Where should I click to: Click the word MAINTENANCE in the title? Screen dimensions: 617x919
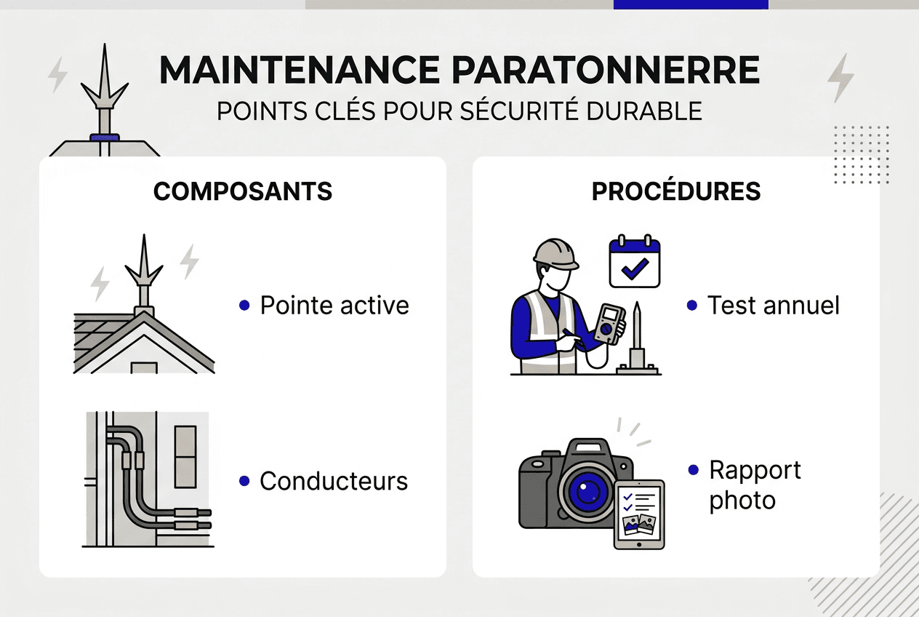299,71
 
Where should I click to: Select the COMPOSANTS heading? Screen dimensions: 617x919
243,191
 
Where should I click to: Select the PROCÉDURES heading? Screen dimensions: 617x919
676,191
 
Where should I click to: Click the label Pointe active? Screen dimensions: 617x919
334,306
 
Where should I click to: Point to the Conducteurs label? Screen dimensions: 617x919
334,481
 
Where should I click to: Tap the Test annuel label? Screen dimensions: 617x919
774,306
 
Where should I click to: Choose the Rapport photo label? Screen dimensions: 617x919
754,485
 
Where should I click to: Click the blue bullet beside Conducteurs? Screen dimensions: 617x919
244,481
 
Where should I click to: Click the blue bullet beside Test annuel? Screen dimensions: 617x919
692,306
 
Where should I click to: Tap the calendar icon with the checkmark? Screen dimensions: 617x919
634,262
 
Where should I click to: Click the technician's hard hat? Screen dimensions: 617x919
555,254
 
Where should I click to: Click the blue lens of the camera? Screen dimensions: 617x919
583,493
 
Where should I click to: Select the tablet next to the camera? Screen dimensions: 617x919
639,514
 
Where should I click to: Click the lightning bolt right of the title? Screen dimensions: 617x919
841,77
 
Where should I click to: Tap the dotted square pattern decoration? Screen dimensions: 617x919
862,154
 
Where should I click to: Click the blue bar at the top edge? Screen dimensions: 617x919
691,4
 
